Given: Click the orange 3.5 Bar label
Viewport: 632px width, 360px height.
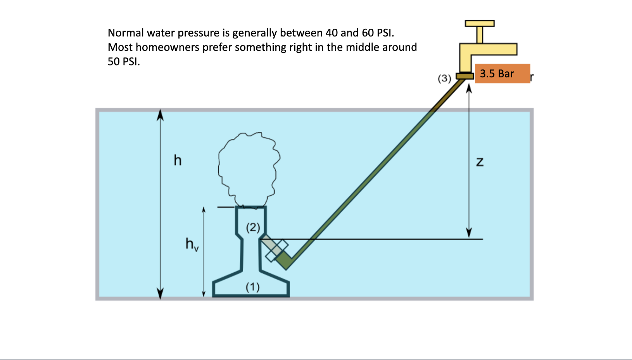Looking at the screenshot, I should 502,73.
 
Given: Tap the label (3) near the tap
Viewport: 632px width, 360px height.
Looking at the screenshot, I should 444,78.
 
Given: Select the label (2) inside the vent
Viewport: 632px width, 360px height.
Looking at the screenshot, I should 253,227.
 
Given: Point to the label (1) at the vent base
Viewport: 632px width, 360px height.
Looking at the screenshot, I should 252,287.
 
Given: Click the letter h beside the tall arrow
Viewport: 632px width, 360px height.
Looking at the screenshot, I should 178,160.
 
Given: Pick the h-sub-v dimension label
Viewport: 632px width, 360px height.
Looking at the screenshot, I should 192,244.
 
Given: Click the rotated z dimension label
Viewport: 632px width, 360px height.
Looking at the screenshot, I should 480,162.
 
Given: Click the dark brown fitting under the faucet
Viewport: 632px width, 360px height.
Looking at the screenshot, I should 465,76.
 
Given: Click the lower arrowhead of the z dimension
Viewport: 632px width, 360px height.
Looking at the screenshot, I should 469,233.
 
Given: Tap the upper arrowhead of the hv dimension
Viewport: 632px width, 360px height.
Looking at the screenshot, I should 204,210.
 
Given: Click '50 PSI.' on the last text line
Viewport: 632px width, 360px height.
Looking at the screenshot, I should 124,62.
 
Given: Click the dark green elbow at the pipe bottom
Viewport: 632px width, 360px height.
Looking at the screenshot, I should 285,261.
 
